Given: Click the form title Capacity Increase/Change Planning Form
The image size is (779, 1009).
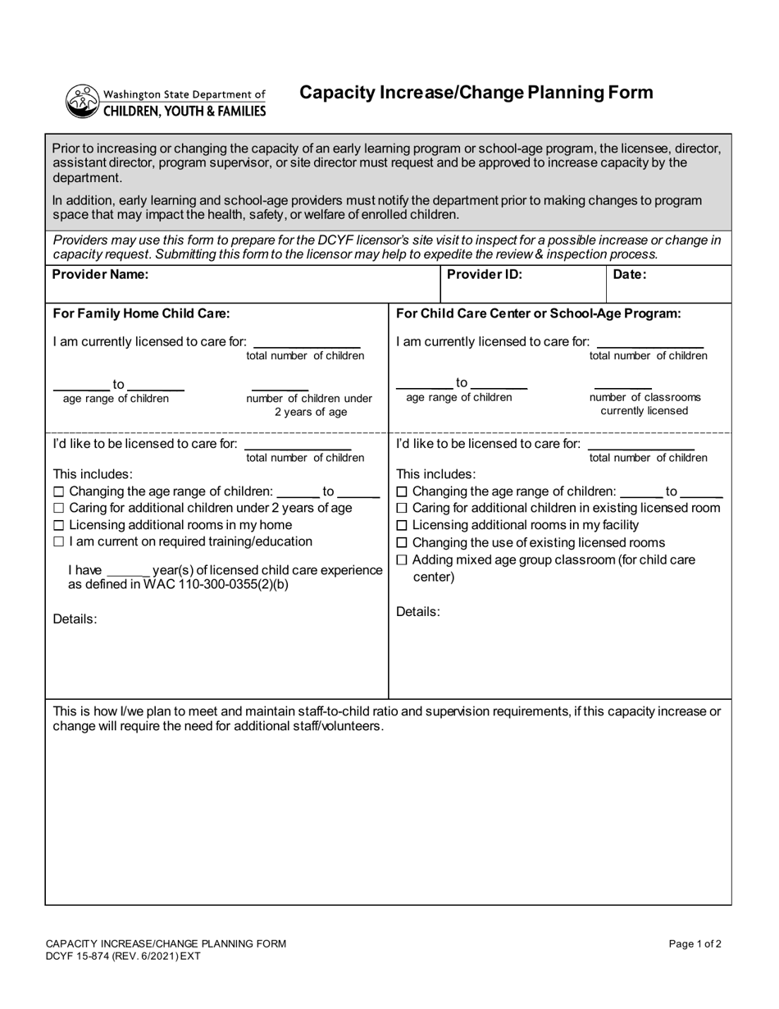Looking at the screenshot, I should point(476,92).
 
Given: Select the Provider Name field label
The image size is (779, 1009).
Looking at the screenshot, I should point(100,275).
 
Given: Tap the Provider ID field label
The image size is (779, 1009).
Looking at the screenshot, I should point(484,275).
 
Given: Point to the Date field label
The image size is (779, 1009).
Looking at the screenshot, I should point(630,275).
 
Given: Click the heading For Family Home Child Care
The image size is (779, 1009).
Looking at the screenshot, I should point(141,313).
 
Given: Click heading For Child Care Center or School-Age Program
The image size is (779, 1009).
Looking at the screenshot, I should point(538,313).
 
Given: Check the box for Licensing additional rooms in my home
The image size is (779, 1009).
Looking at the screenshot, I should point(58,525).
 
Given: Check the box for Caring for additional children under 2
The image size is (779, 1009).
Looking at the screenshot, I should point(58,509).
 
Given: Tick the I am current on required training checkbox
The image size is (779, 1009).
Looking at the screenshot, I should point(58,542).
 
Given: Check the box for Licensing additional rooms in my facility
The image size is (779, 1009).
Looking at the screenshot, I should point(402,525).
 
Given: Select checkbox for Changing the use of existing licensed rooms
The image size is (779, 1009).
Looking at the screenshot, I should point(402,543).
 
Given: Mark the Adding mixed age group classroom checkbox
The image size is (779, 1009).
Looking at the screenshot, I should point(402,560).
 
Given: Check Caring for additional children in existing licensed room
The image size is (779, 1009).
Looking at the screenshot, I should point(402,509).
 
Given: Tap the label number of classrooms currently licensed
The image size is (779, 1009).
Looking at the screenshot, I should point(645,404).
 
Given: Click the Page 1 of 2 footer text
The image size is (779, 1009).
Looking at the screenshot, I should point(695,944).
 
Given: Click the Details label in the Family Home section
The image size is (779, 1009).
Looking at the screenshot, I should point(75,619).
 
